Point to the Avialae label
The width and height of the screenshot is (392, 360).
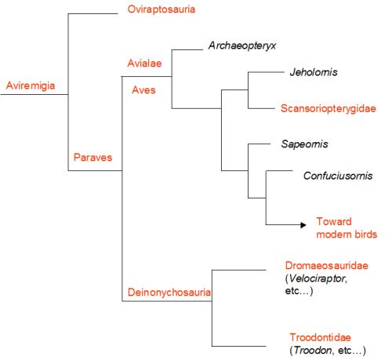click(144, 63)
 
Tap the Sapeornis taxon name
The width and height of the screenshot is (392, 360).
click(304, 144)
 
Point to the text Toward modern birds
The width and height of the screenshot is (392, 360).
click(347, 227)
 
